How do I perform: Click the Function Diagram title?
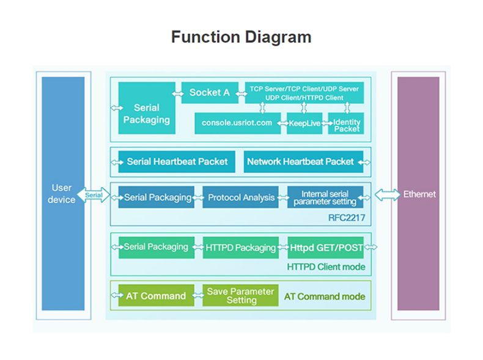click(241, 37)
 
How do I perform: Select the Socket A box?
click(210, 92)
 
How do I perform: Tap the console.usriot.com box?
click(237, 123)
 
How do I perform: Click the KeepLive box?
click(304, 123)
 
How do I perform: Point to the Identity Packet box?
click(346, 123)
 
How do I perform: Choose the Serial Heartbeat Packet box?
click(177, 162)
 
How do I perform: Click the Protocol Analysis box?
click(240, 197)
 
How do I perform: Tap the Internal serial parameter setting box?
click(325, 197)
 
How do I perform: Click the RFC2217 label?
click(347, 218)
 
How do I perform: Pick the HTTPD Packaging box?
click(241, 248)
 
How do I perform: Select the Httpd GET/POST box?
click(326, 248)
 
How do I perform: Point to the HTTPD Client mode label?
click(326, 266)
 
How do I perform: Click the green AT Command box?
click(156, 295)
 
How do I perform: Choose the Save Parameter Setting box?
click(240, 295)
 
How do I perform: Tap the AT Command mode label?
click(325, 296)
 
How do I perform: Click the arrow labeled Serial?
click(94, 195)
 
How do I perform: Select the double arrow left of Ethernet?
click(388, 195)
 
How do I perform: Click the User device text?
click(62, 194)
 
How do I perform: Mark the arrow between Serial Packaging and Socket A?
click(178, 94)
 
